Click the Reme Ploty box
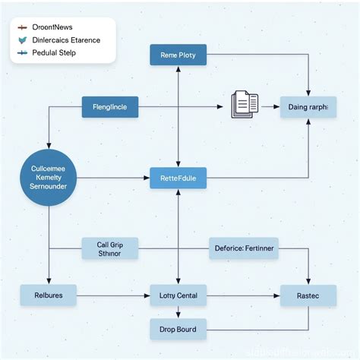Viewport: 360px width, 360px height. [178, 55]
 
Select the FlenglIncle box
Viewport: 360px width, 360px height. [110, 107]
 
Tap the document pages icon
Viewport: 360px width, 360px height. [244, 104]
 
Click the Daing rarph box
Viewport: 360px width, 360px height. [308, 107]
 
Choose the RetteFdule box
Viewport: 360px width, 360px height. [178, 179]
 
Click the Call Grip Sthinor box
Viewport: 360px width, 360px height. [110, 249]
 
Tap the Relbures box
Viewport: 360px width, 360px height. [49, 295]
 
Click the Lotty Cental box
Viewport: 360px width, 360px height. [178, 295]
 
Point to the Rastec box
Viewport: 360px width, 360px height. [308, 295]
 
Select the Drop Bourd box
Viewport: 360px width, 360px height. [178, 329]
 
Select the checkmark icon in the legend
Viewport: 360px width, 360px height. [22, 40]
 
